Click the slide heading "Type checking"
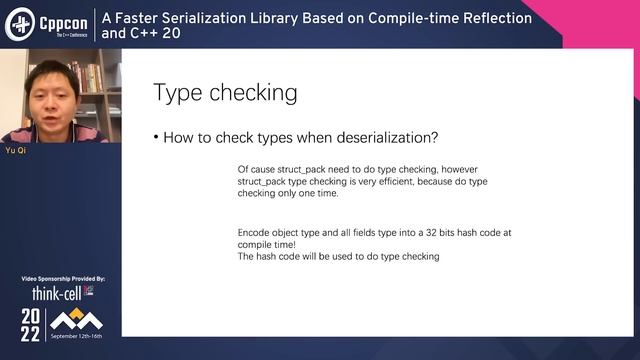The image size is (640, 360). pos(225,93)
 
